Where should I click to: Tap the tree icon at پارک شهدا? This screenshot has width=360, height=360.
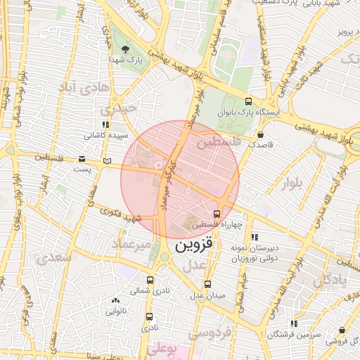click(125, 49)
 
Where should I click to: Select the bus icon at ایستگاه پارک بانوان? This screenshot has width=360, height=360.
click(248, 101)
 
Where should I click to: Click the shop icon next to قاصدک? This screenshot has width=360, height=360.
click(261, 133)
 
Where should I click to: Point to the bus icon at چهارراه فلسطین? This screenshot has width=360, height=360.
click(216, 214)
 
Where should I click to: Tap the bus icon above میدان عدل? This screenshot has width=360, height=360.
click(207, 284)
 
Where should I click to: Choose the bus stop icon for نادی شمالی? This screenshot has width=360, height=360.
click(149, 279)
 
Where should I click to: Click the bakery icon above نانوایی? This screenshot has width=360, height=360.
click(115, 300)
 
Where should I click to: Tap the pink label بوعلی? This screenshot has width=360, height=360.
click(166, 349)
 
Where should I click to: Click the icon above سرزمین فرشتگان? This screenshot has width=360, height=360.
click(294, 323)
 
